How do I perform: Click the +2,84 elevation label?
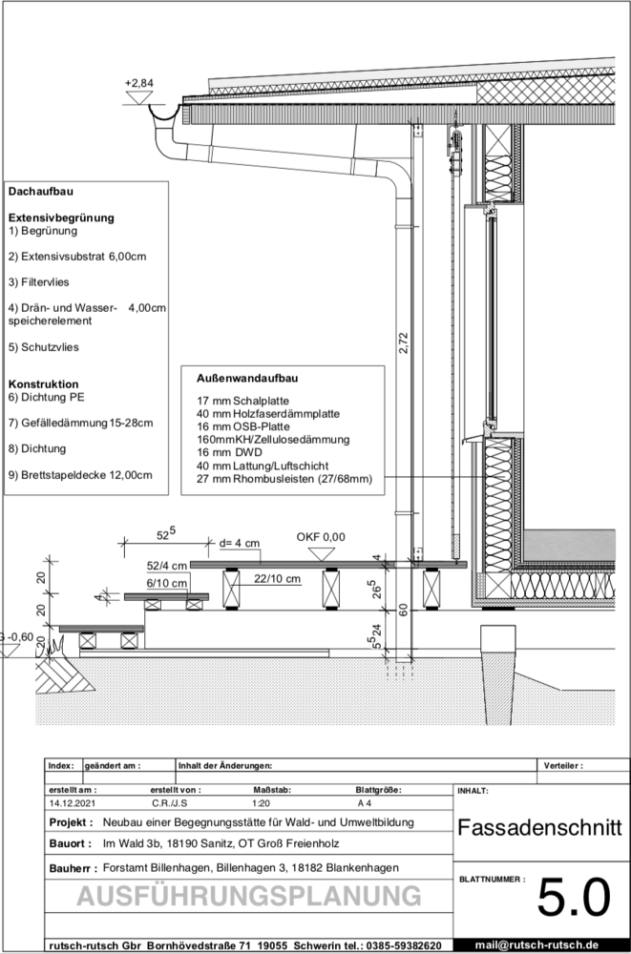point(138,83)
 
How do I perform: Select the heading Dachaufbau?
point(41,191)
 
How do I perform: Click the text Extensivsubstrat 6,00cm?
point(83,256)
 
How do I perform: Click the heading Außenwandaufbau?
point(247,379)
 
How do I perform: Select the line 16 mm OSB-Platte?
point(243,426)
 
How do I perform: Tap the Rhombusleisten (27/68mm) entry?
point(302,479)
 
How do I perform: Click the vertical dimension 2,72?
point(402,342)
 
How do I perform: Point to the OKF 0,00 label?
point(321,537)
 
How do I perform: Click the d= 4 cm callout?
point(240,543)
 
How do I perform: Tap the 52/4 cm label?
point(167,565)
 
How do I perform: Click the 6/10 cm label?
point(167,584)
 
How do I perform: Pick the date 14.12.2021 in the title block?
point(73,802)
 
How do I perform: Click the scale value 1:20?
point(262,802)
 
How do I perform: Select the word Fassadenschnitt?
point(539,827)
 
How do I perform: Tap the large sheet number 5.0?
point(574,898)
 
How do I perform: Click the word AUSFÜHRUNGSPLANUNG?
point(249,896)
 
